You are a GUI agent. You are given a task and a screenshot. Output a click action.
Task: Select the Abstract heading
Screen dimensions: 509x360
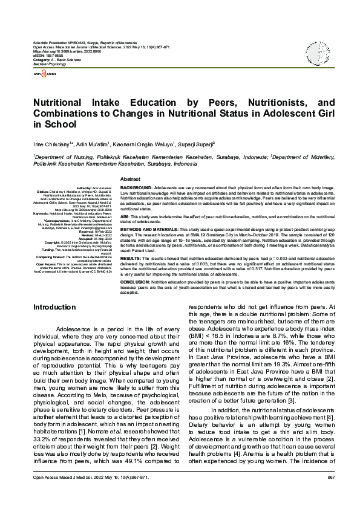point(131,180)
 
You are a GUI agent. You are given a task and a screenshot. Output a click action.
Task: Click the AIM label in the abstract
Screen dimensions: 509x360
point(125,216)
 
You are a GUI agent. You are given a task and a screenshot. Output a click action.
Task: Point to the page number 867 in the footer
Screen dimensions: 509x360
point(331,494)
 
